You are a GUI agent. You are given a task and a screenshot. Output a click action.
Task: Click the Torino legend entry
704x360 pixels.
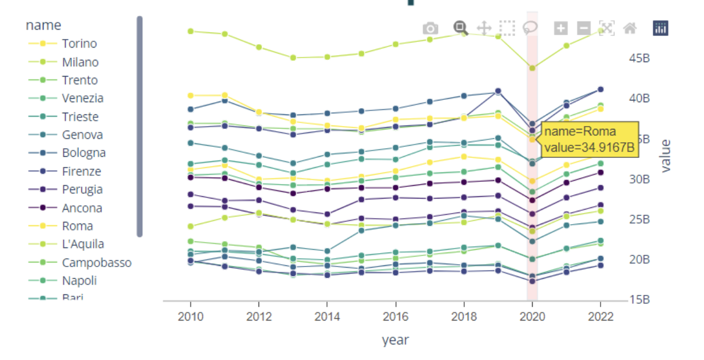coord(79,44)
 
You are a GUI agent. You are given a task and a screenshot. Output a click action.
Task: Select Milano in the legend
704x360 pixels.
coord(80,62)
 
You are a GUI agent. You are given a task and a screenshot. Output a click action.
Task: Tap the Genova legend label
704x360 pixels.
coord(82,135)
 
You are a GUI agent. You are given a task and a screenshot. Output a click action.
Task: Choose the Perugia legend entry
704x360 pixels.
coord(82,189)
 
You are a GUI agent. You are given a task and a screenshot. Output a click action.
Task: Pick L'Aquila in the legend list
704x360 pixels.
coord(83,244)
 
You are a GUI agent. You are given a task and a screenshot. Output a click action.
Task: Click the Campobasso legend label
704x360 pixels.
coord(96,262)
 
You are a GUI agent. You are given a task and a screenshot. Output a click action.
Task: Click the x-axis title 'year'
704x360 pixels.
coord(395,340)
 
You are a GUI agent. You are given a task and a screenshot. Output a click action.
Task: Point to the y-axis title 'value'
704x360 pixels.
coord(666,156)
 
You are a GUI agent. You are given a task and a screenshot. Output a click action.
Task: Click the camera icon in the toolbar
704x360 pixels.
coord(430,28)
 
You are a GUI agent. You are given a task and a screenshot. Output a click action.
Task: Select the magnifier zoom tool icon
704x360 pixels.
coord(461,27)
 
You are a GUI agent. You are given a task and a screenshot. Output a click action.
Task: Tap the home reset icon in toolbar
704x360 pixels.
coord(629,28)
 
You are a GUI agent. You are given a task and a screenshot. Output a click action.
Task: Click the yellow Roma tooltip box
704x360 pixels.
coord(590,139)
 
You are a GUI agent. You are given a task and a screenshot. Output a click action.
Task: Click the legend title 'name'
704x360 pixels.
coord(43,25)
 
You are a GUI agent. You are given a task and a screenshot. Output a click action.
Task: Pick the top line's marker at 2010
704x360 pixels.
coord(191,31)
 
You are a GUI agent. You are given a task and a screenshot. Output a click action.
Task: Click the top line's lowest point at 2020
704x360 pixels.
coord(532,68)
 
